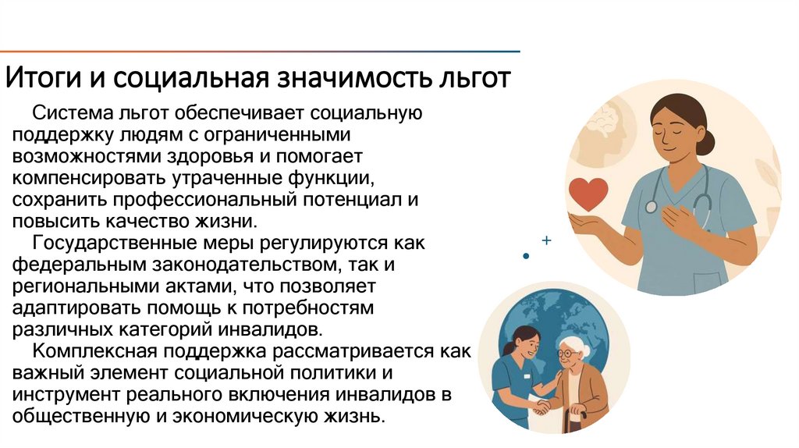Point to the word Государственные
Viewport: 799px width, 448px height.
(x=121, y=244)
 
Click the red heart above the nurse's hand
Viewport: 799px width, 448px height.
(x=587, y=192)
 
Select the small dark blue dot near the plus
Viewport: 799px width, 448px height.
(x=526, y=255)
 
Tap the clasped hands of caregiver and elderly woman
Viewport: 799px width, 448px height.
(x=540, y=407)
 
